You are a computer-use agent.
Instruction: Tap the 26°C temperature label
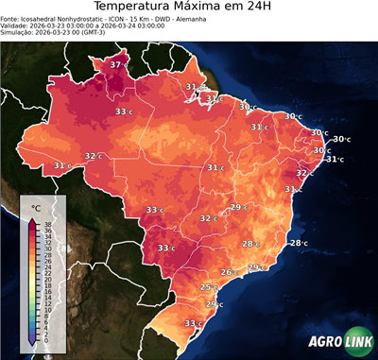(228, 272)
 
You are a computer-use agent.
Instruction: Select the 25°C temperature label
(208, 286)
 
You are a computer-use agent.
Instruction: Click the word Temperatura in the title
(136, 9)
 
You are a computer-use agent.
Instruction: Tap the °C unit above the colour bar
(36, 207)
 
